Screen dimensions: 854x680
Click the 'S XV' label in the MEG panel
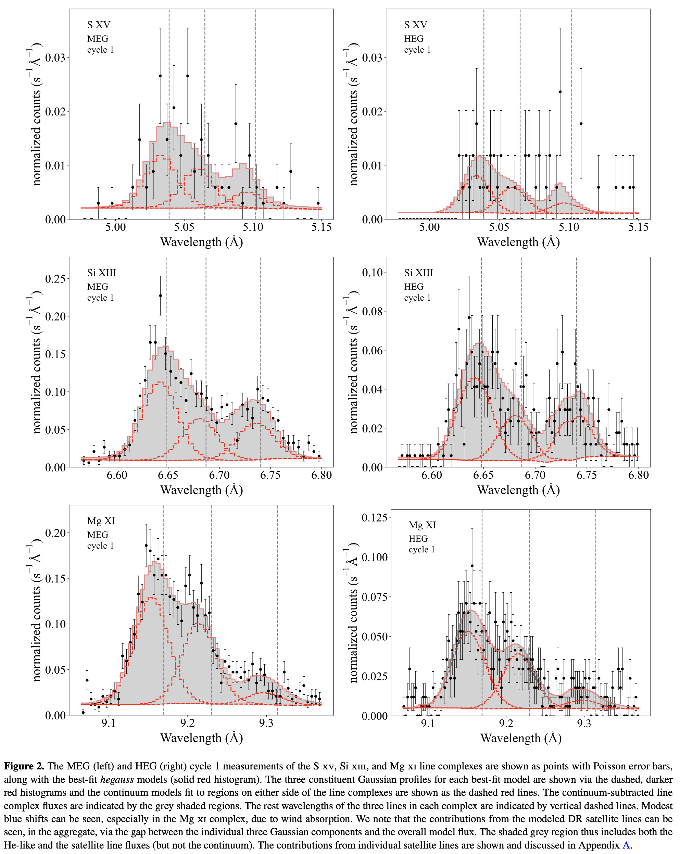coord(99,25)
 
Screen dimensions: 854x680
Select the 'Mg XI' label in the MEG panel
coord(101,521)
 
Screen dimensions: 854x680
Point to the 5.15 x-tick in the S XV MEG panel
coord(321,227)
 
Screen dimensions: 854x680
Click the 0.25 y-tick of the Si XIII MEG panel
coord(55,279)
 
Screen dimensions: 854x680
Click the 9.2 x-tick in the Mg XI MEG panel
coord(187,723)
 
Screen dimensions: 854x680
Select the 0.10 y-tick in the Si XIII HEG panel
coord(372,273)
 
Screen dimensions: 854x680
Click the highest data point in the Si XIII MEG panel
coord(160,296)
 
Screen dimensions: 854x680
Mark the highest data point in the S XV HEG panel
coord(560,92)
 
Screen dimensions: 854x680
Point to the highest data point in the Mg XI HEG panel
coord(472,566)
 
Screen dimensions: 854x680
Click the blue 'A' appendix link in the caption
coord(626,845)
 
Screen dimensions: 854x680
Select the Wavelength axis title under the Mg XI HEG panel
coord(521,738)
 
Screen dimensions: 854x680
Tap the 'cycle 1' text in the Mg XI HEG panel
coord(421,550)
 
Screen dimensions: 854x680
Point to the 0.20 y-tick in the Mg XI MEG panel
coord(55,533)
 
